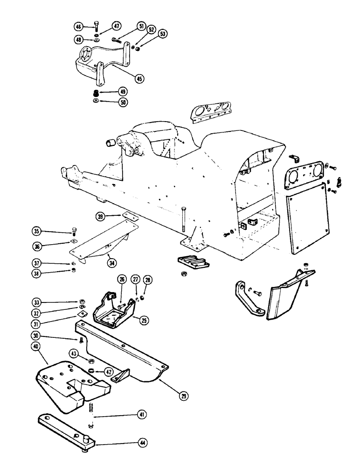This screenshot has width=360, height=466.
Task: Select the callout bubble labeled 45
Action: click(125, 79)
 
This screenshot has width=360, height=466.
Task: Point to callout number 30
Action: click(36, 336)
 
